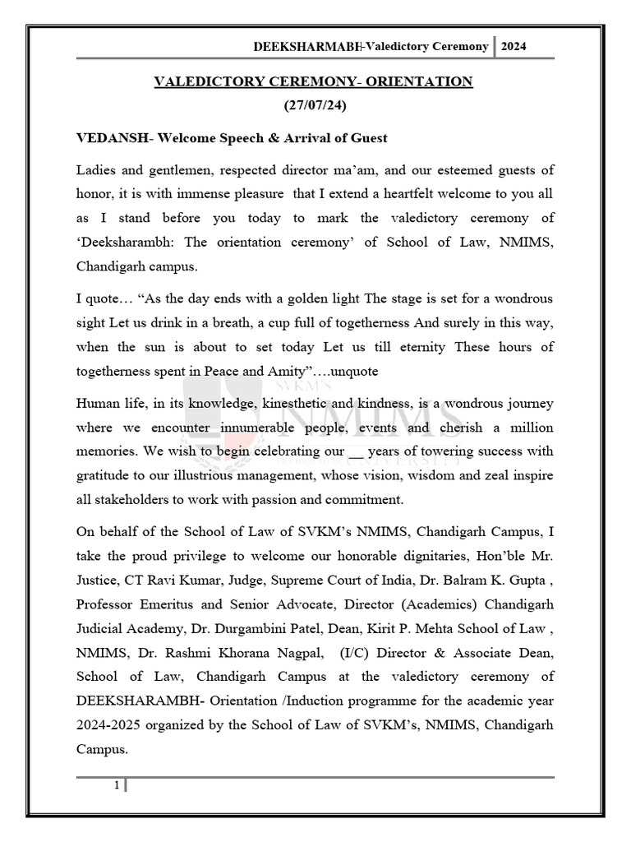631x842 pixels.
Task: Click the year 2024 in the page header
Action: [514, 46]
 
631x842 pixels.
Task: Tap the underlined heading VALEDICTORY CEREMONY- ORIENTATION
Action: [315, 81]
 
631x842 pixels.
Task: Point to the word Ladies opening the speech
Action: [97, 170]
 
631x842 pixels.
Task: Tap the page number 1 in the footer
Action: [117, 785]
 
